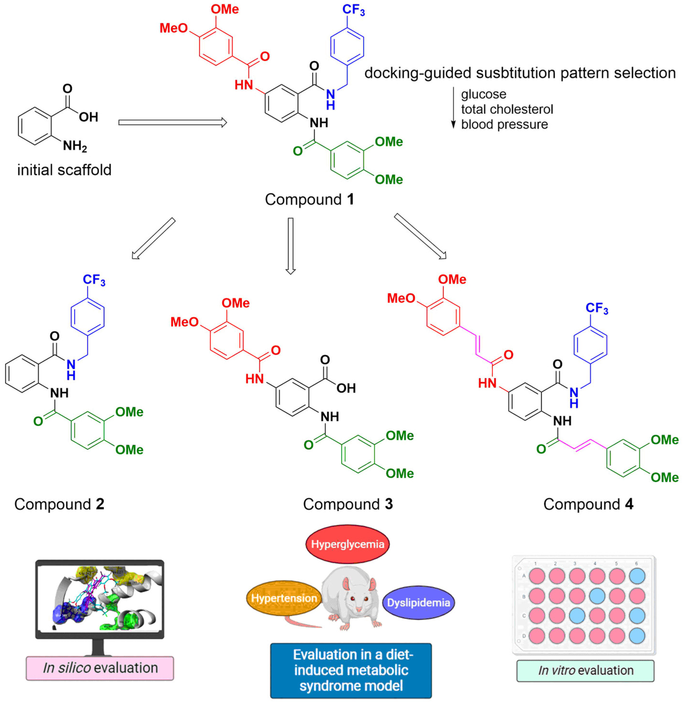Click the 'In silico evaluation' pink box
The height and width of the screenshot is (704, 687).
click(x=100, y=668)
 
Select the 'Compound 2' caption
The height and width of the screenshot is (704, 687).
click(x=59, y=504)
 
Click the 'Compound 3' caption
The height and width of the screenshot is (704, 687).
click(x=348, y=504)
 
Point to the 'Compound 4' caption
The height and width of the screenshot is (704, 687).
click(x=588, y=504)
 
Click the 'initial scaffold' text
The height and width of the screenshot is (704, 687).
click(x=64, y=170)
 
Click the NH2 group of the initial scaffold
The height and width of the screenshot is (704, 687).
click(x=75, y=146)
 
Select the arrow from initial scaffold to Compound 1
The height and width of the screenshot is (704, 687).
click(x=173, y=123)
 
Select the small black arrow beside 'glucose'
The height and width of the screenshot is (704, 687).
click(x=453, y=108)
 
